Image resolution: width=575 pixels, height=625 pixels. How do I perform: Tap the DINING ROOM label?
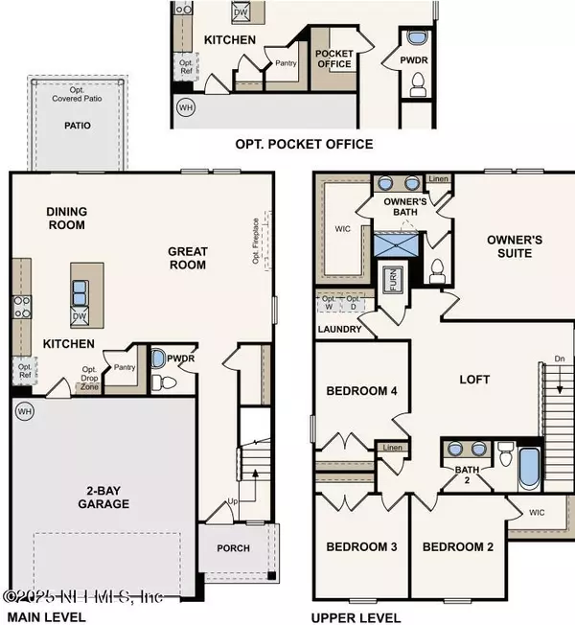(x=65, y=219)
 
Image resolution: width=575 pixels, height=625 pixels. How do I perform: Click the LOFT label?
(x=473, y=380)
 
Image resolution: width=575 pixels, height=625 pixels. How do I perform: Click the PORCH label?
(x=233, y=549)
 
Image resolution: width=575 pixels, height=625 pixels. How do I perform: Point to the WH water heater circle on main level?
(x=23, y=410)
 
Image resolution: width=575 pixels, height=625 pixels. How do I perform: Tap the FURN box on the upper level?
(x=392, y=281)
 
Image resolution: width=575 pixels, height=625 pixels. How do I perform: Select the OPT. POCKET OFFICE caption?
(x=304, y=145)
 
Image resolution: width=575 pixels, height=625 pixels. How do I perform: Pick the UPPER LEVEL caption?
(x=356, y=616)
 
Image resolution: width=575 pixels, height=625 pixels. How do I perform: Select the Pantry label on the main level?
(x=122, y=367)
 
